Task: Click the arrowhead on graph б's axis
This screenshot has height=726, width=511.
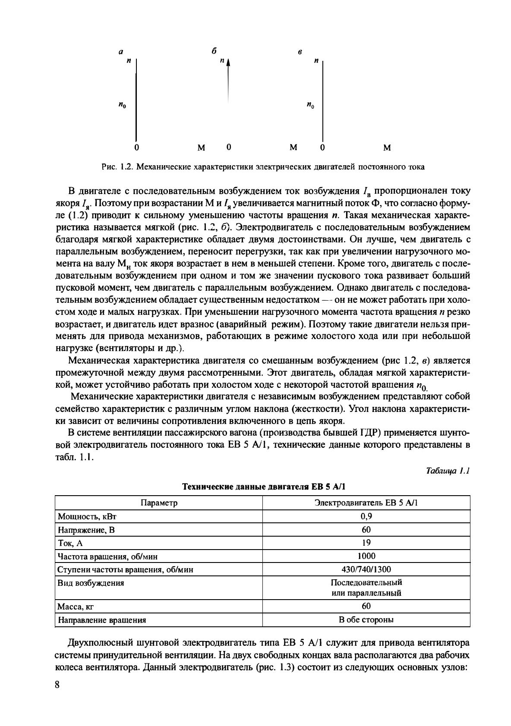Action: tap(228, 62)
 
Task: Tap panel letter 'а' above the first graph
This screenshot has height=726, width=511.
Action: tap(121, 52)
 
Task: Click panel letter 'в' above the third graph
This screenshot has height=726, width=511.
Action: tap(300, 52)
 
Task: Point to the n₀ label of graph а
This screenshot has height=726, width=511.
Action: tap(123, 105)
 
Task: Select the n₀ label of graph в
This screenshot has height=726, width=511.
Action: tap(310, 105)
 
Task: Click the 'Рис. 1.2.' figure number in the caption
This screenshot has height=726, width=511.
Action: tap(117, 167)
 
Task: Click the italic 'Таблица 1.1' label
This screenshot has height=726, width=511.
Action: tap(447, 471)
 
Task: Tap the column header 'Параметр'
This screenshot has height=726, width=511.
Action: tap(159, 503)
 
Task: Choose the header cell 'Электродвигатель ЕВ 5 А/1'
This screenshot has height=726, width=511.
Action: tap(366, 503)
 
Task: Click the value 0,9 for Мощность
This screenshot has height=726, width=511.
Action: tap(366, 516)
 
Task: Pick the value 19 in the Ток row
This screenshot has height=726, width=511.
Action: tap(366, 543)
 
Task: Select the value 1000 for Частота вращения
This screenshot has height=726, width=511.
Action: tap(366, 556)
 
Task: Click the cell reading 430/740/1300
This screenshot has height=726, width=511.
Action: tap(366, 569)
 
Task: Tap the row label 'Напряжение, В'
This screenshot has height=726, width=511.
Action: tap(86, 530)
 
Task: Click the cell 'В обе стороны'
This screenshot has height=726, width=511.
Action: tap(366, 620)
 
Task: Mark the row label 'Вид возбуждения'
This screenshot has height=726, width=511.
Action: tap(91, 583)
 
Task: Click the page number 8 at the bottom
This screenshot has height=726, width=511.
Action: tap(57, 685)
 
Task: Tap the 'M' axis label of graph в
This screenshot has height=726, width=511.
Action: tap(387, 148)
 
